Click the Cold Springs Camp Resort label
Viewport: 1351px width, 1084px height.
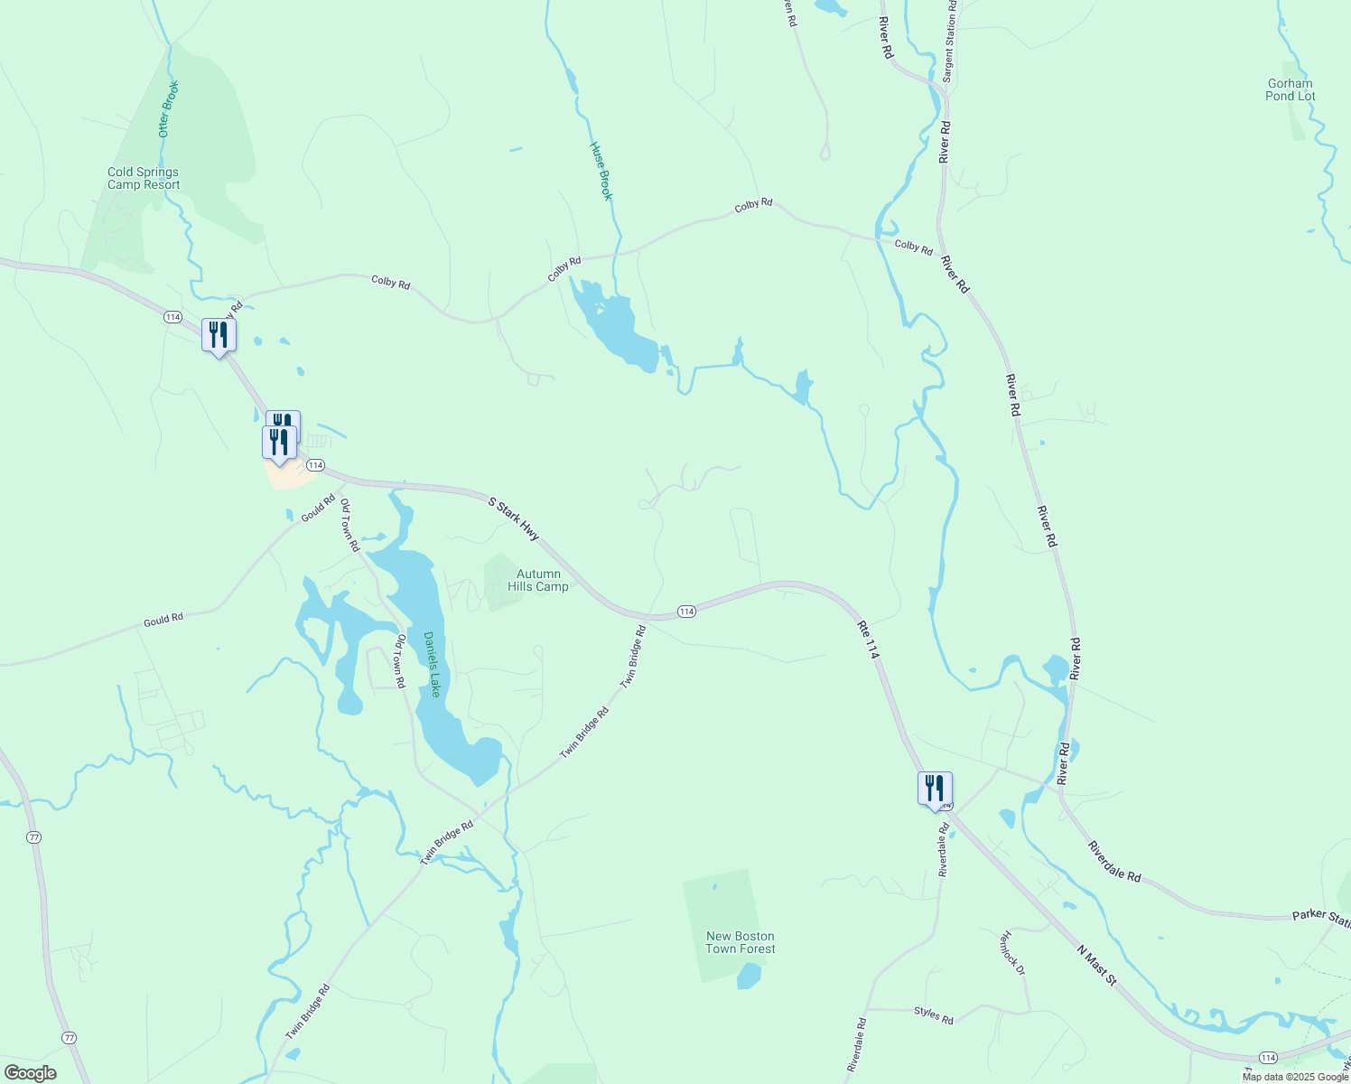click(144, 178)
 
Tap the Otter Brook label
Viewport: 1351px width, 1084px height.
click(169, 108)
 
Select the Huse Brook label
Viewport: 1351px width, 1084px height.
click(601, 170)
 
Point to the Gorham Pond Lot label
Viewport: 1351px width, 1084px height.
click(1290, 89)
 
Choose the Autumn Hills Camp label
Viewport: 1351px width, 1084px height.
click(538, 580)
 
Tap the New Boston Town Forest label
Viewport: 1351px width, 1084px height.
click(741, 942)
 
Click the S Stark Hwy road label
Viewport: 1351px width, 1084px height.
click(513, 519)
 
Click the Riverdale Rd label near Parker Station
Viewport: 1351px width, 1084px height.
click(1114, 863)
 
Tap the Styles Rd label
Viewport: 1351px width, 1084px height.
click(933, 1014)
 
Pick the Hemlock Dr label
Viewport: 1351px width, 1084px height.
click(1012, 953)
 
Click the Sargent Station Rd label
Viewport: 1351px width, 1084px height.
click(949, 41)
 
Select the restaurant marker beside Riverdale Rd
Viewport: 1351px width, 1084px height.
click(935, 789)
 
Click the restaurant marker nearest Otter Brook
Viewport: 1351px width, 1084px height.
click(219, 336)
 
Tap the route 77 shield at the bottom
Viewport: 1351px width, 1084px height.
click(70, 1037)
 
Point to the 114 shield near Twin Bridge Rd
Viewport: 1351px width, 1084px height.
click(685, 612)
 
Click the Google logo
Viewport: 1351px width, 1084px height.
click(31, 1073)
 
